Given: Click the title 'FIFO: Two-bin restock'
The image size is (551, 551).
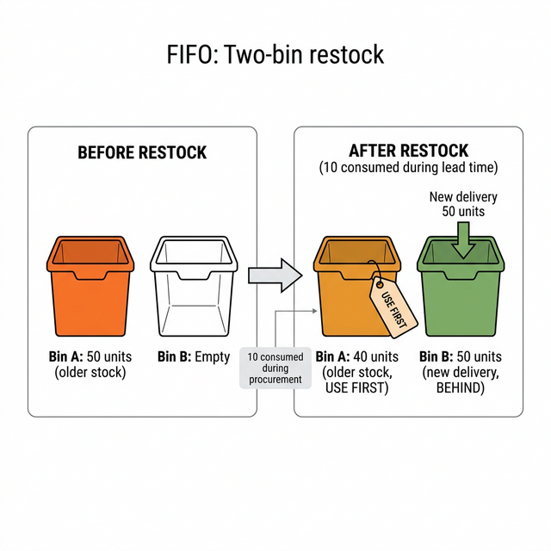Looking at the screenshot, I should (x=275, y=55).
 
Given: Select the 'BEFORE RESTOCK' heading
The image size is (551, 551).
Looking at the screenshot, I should (x=142, y=152).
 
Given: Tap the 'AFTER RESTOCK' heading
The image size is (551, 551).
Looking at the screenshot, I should (x=408, y=151).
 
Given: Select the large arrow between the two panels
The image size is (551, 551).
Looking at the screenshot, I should (x=275, y=275).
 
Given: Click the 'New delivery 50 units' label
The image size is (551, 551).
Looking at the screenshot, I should (x=463, y=204).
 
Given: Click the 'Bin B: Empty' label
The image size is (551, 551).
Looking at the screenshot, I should (x=194, y=356).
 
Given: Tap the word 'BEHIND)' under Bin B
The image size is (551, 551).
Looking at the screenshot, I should (x=460, y=387).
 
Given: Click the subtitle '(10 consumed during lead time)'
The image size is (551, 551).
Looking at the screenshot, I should (x=408, y=167).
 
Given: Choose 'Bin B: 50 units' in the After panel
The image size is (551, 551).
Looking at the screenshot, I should (x=460, y=356).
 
